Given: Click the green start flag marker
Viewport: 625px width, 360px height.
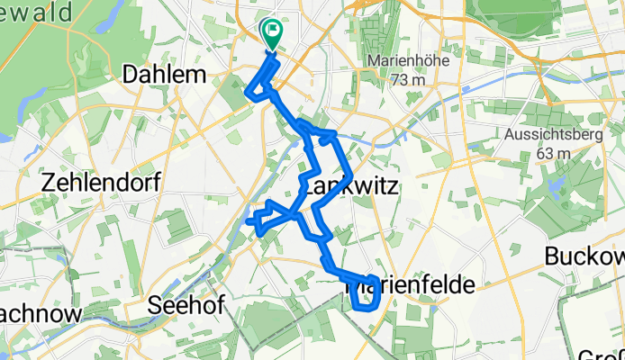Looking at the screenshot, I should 271,32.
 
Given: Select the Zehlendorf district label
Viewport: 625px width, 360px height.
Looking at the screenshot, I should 100,183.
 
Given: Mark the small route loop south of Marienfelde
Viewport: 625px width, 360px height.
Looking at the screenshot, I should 363,298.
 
